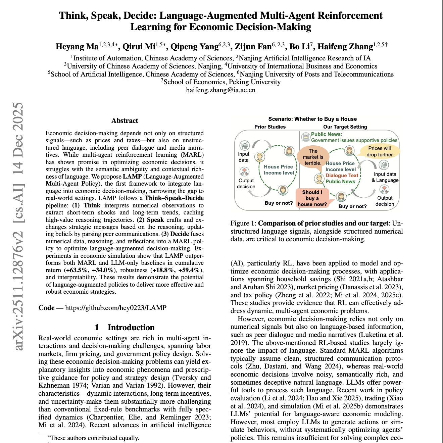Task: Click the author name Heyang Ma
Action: pyautogui.click(x=77, y=46)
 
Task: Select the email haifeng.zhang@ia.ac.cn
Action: pyautogui.click(x=220, y=90)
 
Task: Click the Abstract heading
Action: pyautogui.click(x=125, y=120)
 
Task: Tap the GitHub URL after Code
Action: pyautogui.click(x=115, y=308)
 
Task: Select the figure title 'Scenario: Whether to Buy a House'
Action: pyautogui.click(x=312, y=119)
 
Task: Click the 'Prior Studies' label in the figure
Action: pyautogui.click(x=270, y=127)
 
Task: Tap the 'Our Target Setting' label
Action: pyautogui.click(x=345, y=127)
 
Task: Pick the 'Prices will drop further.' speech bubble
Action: pyautogui.click(x=380, y=151)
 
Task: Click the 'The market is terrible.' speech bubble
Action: pyautogui.click(x=313, y=157)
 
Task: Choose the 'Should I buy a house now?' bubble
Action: pyautogui.click(x=312, y=198)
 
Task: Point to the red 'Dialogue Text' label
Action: pyautogui.click(x=342, y=176)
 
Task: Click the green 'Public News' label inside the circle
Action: pyautogui.click(x=340, y=182)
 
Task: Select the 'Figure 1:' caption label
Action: pyautogui.click(x=244, y=224)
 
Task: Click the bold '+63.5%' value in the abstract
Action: pyautogui.click(x=77, y=270)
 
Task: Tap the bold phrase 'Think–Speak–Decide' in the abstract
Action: pyautogui.click(x=174, y=198)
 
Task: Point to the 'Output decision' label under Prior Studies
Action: pyautogui.click(x=246, y=184)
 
